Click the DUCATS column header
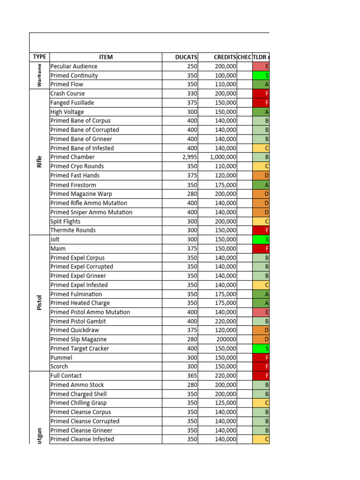pos(186,57)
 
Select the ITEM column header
pos(106,57)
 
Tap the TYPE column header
pos(39,57)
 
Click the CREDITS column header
pos(225,57)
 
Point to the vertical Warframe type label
pos(40,75)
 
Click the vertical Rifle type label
pos(40,162)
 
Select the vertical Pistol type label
pos(40,303)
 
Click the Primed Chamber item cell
pos(73,157)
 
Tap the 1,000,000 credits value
pos(223,157)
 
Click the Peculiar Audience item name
pos(74,67)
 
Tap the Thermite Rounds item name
pos(73,230)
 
